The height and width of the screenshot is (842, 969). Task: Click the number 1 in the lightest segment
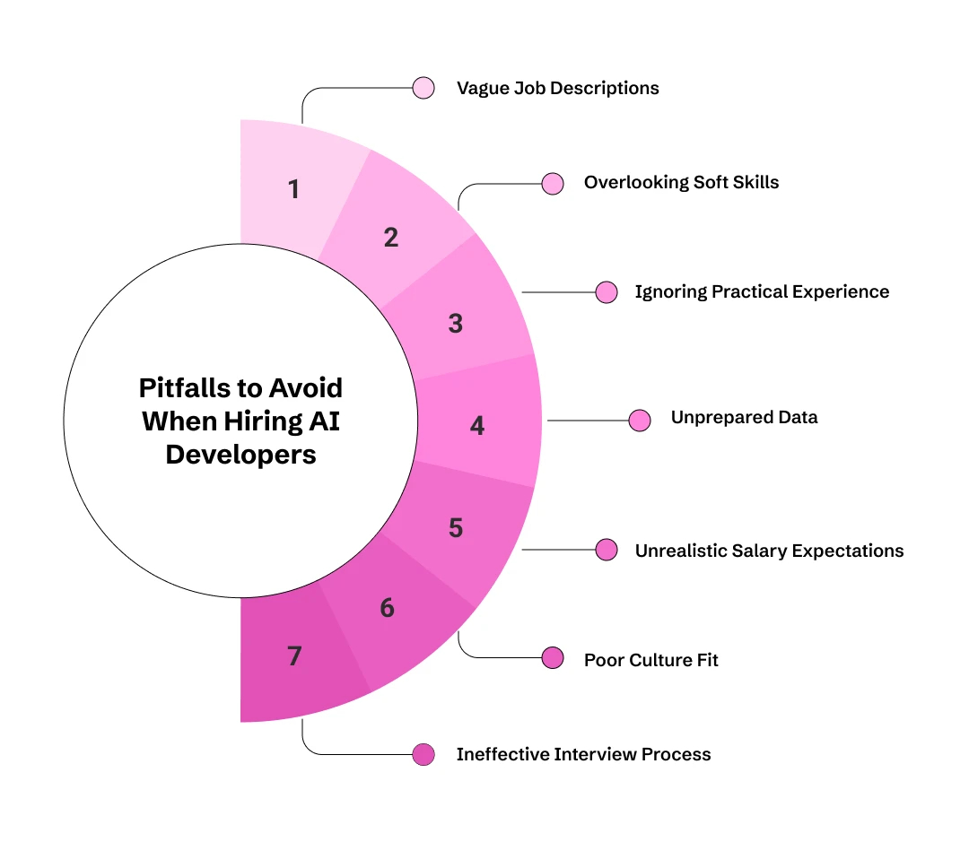tap(293, 190)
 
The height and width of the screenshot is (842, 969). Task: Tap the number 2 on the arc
tap(390, 239)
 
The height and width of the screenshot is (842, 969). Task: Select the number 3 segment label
tap(456, 324)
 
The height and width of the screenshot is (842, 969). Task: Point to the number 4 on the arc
tap(477, 426)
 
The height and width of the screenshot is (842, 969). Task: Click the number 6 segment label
tap(387, 608)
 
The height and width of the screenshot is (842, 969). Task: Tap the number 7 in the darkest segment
tap(294, 656)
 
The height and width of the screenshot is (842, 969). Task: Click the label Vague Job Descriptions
tap(557, 88)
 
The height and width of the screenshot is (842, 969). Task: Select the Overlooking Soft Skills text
tap(681, 183)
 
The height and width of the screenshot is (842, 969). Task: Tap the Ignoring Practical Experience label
tap(762, 292)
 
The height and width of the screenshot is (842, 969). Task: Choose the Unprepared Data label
tap(744, 418)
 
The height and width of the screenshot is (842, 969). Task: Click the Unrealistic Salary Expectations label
tap(769, 551)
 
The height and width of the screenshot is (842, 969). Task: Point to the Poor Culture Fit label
tap(650, 661)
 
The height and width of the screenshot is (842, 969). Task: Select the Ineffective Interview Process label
tap(583, 755)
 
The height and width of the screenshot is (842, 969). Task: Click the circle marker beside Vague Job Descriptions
tap(423, 88)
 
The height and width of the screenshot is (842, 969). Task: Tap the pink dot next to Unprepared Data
tap(640, 421)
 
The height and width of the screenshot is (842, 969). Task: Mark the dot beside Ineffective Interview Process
tap(423, 755)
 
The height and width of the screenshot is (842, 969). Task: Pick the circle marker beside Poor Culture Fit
tap(553, 659)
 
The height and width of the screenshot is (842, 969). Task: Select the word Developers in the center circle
tap(240, 454)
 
